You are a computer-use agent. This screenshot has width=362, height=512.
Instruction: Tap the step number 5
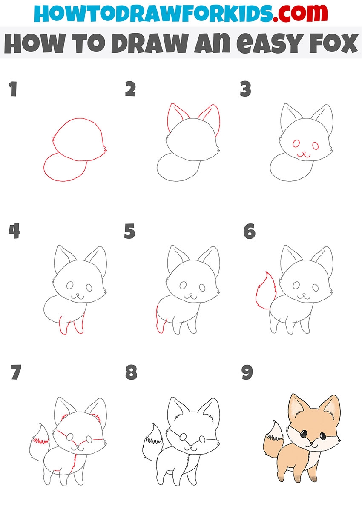pyautogui.click(x=129, y=231)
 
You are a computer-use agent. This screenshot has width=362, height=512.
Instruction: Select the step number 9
pyautogui.click(x=247, y=372)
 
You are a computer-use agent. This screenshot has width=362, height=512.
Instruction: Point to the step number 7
pyautogui.click(x=16, y=372)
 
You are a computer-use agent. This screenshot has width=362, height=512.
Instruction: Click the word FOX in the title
pyautogui.click(x=333, y=43)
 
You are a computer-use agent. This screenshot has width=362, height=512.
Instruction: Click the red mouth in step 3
pyautogui.click(x=304, y=155)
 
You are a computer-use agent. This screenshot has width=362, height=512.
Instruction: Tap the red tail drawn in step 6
pyautogui.click(x=265, y=291)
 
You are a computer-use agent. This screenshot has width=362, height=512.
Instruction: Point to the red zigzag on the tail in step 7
pyautogui.click(x=41, y=440)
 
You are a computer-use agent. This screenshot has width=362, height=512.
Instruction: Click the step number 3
pyautogui.click(x=245, y=89)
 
